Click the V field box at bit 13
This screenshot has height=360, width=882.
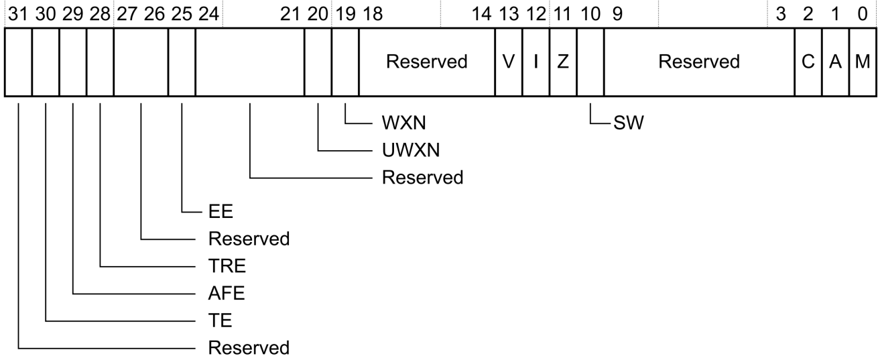click(x=508, y=62)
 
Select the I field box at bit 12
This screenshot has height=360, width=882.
click(x=535, y=62)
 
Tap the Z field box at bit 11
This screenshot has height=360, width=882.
click(x=563, y=62)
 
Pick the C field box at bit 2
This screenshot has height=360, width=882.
click(x=808, y=62)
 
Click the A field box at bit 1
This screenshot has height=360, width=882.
click(x=835, y=62)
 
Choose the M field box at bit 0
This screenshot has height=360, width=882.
click(x=862, y=62)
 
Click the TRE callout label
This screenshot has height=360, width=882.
click(x=228, y=265)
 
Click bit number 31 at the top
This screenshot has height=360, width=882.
click(x=17, y=14)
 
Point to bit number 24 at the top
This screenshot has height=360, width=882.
click(x=208, y=14)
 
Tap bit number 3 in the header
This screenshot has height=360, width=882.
click(x=781, y=14)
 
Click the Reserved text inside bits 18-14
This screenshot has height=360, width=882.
click(x=426, y=62)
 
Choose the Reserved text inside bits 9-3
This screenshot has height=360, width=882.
click(x=699, y=62)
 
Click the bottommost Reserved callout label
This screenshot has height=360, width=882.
click(x=249, y=348)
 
